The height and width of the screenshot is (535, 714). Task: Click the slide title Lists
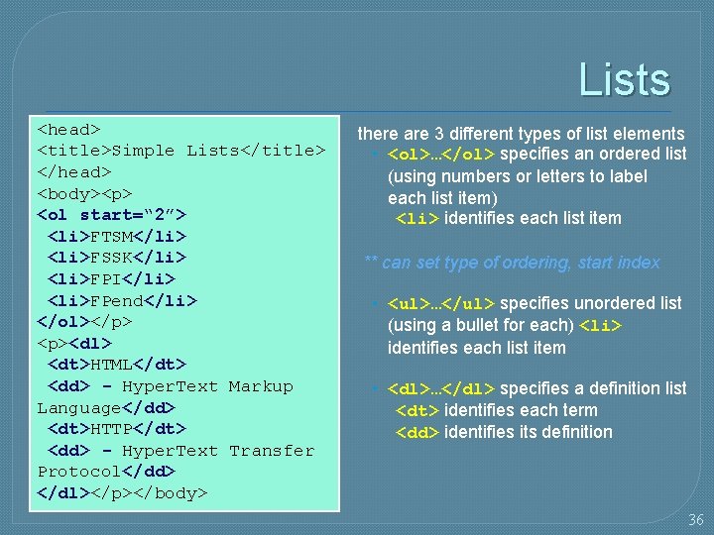[624, 80]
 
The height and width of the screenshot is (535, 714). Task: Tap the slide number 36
[696, 519]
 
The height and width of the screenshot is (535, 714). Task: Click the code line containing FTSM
[117, 236]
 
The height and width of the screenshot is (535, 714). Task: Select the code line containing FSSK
[117, 258]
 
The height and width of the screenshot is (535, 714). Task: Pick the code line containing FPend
[122, 300]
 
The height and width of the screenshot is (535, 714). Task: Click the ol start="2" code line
[111, 215]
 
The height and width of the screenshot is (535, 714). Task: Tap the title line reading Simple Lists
[181, 151]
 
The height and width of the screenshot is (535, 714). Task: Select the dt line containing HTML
[117, 365]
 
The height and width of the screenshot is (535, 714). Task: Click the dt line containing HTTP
[117, 429]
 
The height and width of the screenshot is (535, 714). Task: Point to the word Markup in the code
[261, 386]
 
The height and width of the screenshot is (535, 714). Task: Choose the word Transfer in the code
[271, 451]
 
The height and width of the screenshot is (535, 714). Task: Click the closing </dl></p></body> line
[122, 492]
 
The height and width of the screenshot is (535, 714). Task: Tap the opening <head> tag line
[68, 129]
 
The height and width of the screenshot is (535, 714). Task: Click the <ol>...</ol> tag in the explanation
[442, 155]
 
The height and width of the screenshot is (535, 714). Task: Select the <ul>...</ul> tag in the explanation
[442, 303]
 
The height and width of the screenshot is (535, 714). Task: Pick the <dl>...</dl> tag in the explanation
[442, 389]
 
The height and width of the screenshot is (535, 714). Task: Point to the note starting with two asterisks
[512, 263]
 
